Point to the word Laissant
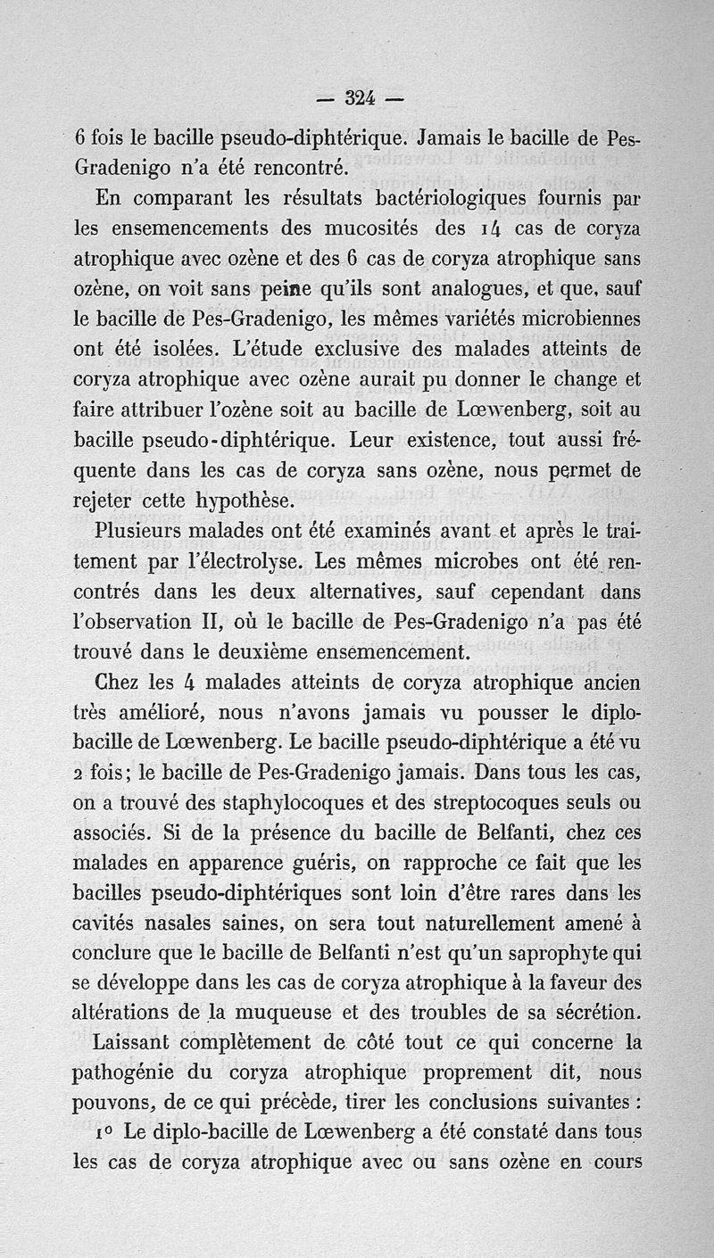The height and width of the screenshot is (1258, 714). (148, 1042)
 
